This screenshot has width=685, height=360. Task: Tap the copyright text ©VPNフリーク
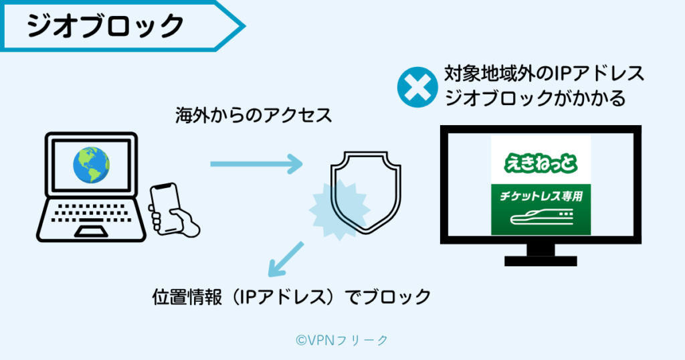(x=342, y=340)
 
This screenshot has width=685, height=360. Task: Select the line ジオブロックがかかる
(x=535, y=98)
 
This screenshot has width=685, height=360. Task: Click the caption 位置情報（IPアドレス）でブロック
(x=291, y=296)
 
